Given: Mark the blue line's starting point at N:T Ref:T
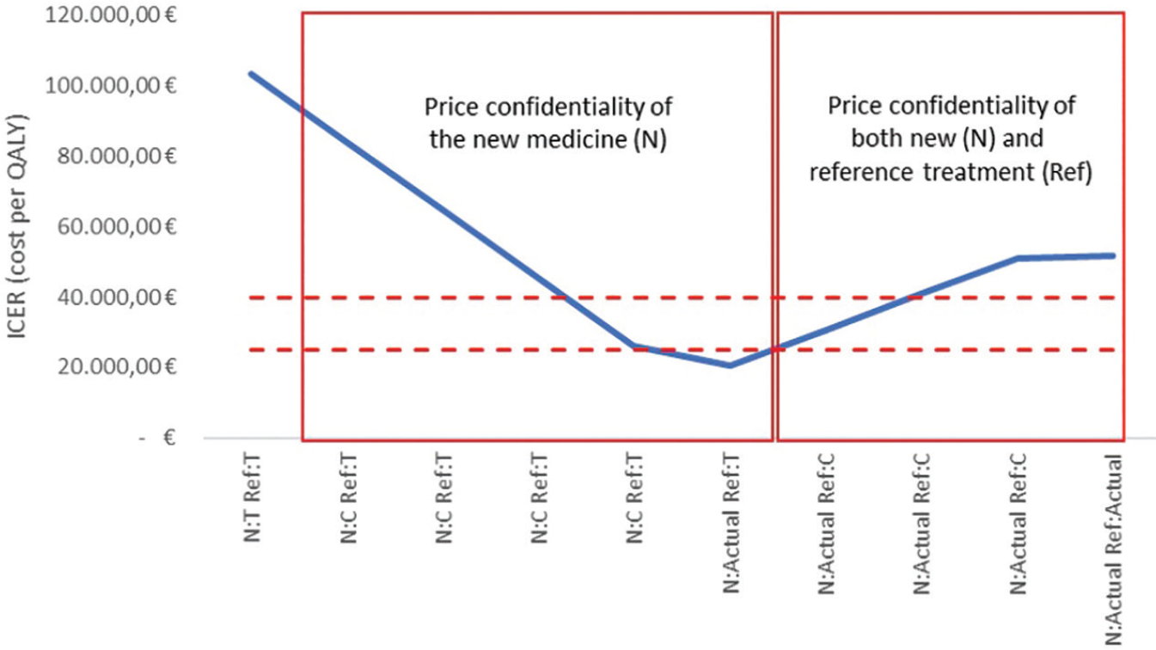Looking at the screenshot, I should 250,74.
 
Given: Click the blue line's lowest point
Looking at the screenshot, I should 730,365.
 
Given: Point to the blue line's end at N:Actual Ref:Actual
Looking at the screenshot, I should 1113,255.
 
